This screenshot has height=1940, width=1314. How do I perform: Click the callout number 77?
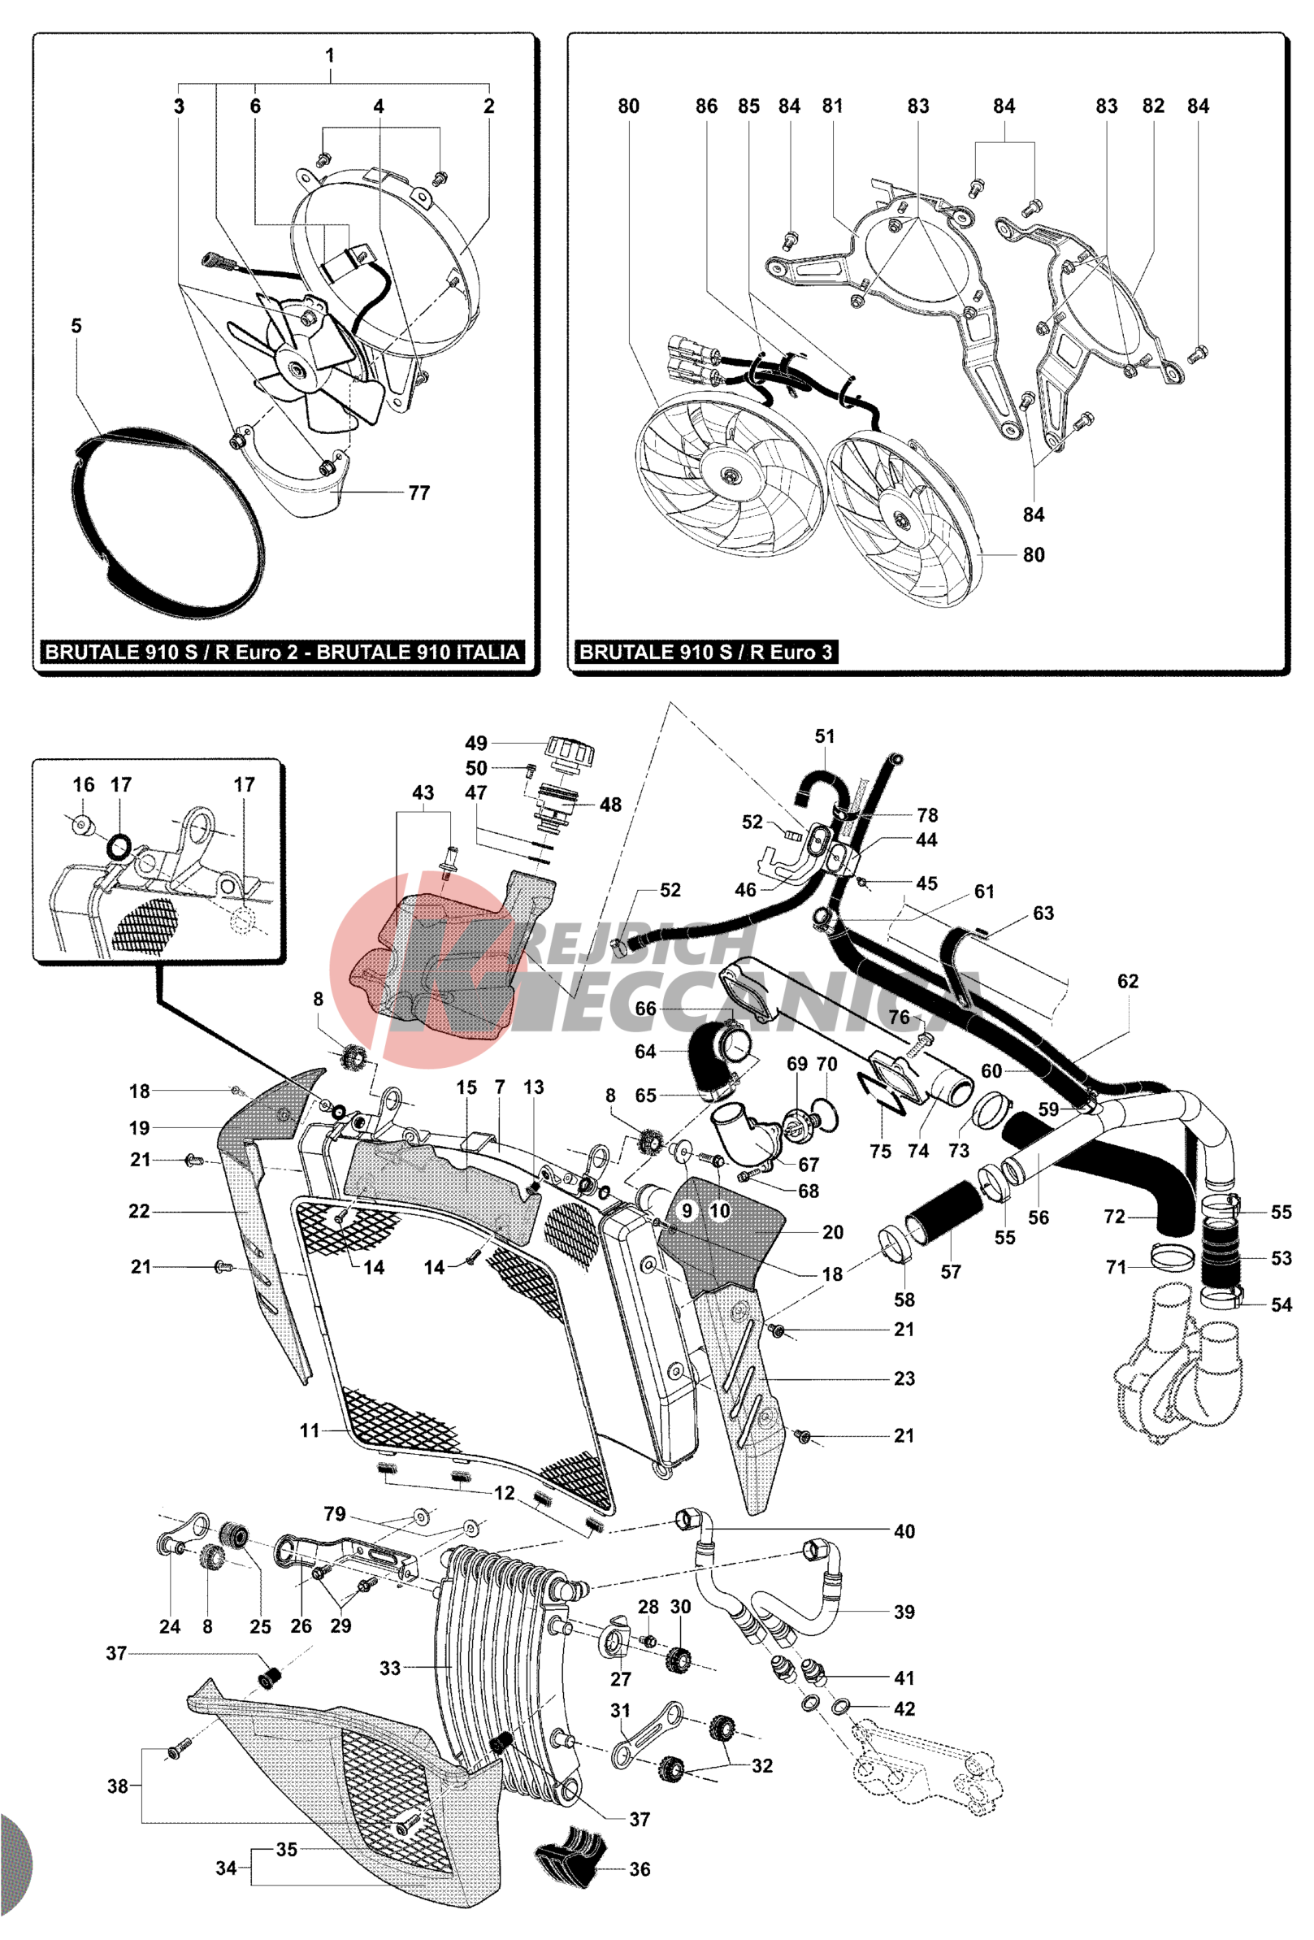coord(418,493)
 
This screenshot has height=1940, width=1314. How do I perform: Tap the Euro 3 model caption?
coord(705,652)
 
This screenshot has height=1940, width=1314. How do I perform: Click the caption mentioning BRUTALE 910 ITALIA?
coord(282,652)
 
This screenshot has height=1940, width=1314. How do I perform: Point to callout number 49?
coord(476,743)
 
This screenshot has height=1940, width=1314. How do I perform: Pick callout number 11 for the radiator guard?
coord(310,1430)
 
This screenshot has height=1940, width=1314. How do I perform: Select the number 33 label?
coord(390,1668)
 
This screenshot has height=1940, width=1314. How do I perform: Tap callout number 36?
coord(640,1869)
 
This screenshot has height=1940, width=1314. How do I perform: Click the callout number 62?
coord(1127,981)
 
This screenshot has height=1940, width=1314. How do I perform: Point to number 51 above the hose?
coord(824,736)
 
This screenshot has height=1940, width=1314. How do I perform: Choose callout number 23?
coord(904,1378)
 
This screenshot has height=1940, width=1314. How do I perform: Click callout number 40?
coord(904,1531)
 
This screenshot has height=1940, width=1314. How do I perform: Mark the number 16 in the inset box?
coord(84,784)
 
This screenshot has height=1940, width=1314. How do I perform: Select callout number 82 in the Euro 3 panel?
coord(1153,106)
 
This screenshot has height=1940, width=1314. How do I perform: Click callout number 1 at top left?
coord(330,55)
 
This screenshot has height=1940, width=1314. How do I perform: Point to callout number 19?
coord(140,1128)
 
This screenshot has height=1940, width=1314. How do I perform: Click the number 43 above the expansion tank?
coord(423,792)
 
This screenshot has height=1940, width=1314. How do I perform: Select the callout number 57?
coord(950,1271)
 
